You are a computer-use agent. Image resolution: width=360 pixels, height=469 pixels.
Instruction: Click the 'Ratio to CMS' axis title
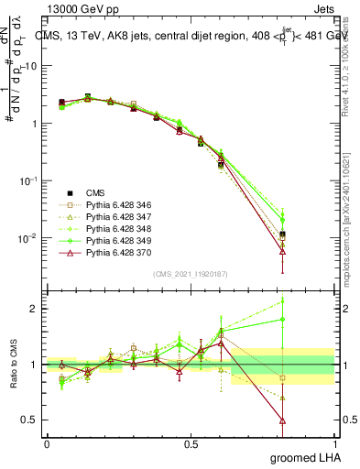click(12, 365)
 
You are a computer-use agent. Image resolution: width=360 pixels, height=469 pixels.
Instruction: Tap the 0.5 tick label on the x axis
click(190, 443)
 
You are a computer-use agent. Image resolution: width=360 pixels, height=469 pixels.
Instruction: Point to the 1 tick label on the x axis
click(333, 443)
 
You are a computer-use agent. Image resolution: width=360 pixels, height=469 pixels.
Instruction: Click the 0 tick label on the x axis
click(47, 443)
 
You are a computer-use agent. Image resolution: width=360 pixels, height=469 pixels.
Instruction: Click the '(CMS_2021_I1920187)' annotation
click(190, 274)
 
